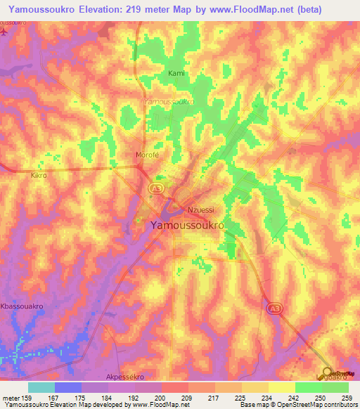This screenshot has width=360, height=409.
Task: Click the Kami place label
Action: pos(175,73)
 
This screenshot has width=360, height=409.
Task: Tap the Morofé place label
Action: pos(146,155)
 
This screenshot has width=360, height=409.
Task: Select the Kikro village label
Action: pos(39,175)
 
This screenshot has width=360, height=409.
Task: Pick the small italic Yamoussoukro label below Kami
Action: pos(168,101)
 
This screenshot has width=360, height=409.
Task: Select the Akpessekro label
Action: pos(126,376)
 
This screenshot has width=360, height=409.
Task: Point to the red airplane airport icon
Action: pos(5,32)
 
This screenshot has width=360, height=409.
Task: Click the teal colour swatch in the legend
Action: pos(41,387)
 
